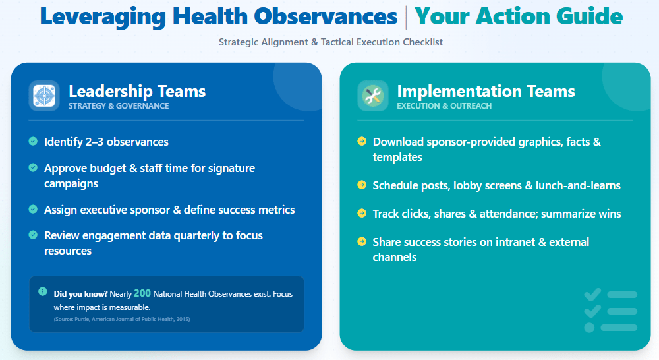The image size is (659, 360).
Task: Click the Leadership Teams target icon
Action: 44,96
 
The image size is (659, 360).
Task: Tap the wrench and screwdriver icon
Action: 373,96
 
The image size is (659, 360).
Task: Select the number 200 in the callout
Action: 142,293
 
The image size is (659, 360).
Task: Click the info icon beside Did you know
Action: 42,291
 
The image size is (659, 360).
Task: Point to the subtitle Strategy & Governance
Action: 119,106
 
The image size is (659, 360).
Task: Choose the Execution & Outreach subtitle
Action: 444,106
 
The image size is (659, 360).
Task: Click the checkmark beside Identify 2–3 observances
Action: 33,141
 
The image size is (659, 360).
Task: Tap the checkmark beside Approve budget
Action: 33,168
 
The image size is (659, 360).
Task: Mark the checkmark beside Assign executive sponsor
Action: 33,209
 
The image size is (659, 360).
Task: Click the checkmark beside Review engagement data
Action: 33,235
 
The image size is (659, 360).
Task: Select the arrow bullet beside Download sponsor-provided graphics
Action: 361,141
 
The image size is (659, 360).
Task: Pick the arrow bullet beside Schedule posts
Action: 361,185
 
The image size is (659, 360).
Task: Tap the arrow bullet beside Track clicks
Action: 361,213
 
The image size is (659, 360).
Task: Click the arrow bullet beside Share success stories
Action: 361,241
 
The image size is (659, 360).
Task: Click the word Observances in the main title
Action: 326,16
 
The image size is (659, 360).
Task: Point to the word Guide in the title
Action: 589,16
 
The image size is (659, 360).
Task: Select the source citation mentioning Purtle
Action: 122,319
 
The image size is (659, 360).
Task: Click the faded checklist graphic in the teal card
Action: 611,311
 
